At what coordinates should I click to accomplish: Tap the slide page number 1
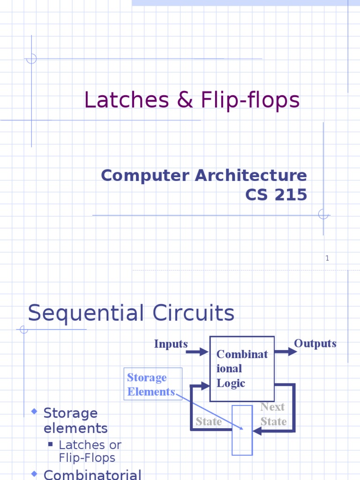click(328, 258)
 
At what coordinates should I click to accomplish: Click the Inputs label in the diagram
click(171, 344)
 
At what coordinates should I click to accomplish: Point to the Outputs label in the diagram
click(315, 344)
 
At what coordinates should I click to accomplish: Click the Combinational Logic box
click(242, 368)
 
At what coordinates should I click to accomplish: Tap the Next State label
click(273, 414)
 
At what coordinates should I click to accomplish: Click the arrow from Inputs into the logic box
click(197, 352)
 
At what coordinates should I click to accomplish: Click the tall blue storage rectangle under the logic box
click(242, 430)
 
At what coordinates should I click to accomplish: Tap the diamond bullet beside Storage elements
click(34, 412)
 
